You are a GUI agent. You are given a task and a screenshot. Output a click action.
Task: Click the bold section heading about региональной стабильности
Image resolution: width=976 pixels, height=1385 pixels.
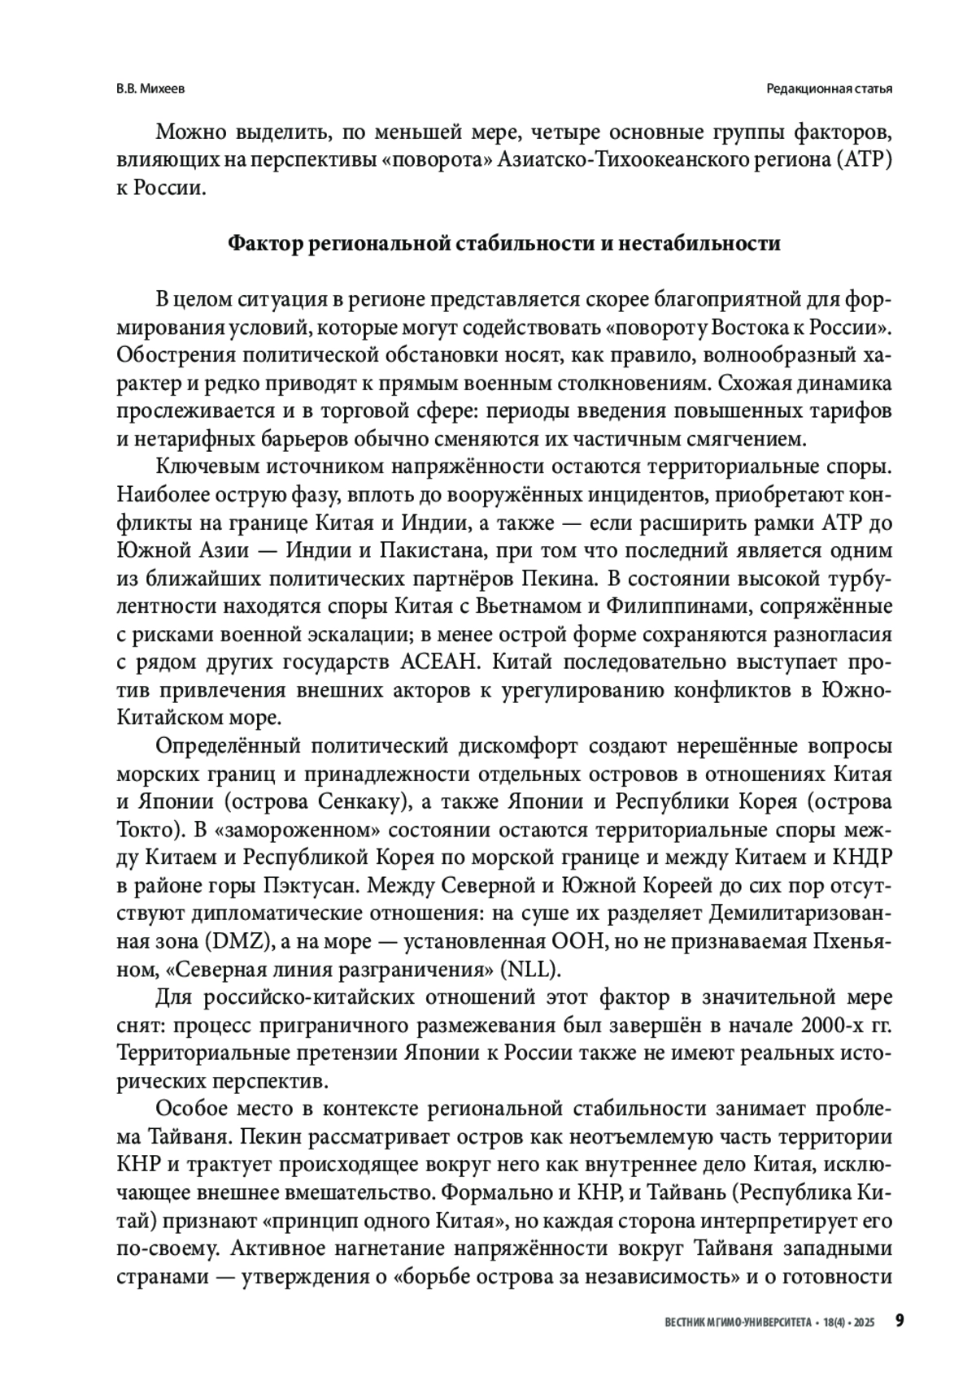(x=503, y=244)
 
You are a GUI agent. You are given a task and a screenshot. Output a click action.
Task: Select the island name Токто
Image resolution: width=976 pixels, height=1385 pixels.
(x=144, y=830)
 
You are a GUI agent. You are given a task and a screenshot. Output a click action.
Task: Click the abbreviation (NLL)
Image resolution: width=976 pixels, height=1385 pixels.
(x=529, y=969)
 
